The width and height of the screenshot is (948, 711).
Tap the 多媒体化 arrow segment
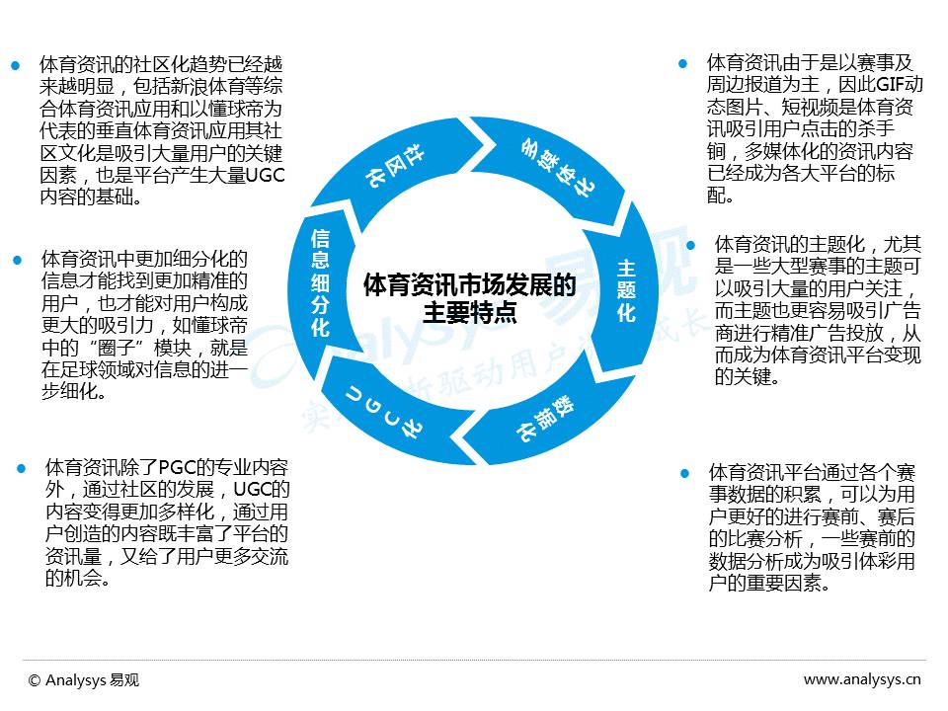point(555,166)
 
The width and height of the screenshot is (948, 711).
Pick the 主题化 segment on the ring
point(625,291)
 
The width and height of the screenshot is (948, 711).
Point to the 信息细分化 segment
point(320,283)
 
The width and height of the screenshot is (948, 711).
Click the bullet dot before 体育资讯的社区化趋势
point(16,65)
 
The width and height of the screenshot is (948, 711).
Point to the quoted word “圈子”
point(112,347)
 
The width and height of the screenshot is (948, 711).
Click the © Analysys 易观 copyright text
point(84,679)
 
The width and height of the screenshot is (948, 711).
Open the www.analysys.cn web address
point(862,679)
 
